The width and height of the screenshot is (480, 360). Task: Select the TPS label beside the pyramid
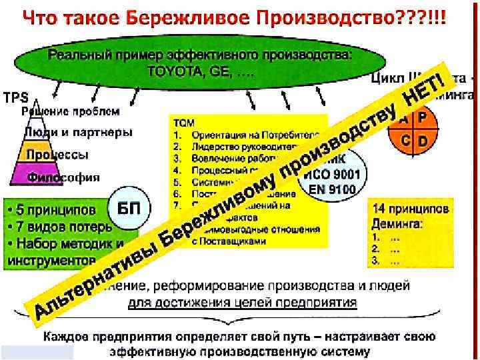(x=15, y=97)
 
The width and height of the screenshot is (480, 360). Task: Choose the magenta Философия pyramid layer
(x=64, y=177)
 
